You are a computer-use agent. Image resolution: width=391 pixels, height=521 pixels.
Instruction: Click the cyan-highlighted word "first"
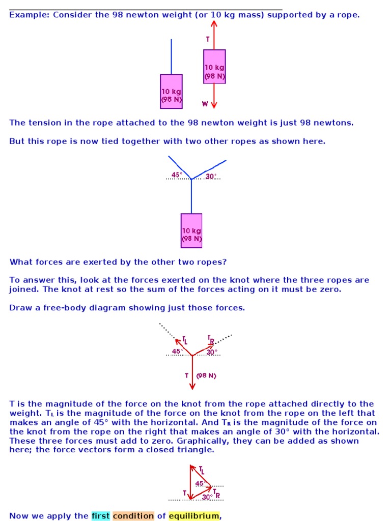point(100,516)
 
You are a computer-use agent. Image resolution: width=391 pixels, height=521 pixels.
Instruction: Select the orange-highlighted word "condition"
point(133,516)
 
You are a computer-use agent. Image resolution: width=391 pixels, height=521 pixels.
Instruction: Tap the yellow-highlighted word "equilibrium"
point(194,516)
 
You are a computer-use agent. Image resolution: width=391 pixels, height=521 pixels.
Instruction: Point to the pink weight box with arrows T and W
point(214,67)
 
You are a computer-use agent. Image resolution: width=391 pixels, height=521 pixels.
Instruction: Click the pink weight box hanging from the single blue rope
point(171,92)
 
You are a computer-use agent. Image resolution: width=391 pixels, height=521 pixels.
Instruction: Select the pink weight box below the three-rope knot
point(191,230)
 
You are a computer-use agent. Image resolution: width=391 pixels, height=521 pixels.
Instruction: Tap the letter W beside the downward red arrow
point(205,104)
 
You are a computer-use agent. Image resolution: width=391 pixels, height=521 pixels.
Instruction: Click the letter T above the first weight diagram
point(208,39)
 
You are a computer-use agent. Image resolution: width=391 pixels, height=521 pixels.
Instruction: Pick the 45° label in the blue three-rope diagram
point(177,175)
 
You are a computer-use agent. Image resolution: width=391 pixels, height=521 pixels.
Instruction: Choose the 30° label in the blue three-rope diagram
point(211,177)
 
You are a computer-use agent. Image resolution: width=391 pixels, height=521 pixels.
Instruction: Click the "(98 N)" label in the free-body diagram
point(206,376)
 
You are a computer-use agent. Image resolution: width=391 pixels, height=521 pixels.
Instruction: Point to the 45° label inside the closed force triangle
point(201,484)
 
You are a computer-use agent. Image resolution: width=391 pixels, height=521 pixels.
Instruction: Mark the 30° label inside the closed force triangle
point(207,497)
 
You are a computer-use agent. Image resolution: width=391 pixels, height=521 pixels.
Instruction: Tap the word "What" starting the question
point(21,262)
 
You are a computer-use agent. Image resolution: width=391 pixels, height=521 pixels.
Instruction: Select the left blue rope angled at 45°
point(179,167)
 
